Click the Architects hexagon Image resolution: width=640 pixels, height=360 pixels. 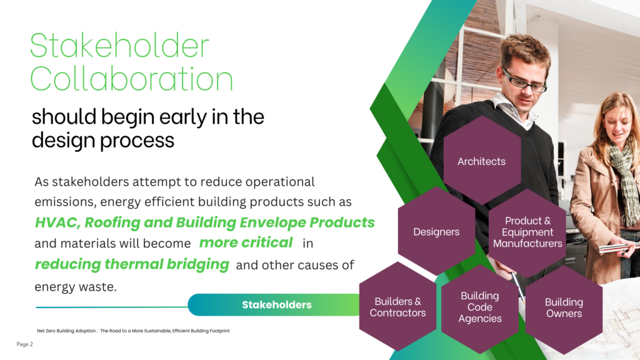click(x=482, y=160)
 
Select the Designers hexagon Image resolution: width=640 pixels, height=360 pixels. click(x=436, y=231)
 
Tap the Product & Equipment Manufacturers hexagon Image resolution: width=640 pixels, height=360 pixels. click(x=527, y=232)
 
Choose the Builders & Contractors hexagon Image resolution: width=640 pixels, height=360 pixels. click(x=397, y=306)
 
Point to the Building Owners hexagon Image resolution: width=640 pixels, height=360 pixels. click(x=564, y=309)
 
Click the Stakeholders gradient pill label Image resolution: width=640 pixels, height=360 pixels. click(x=276, y=304)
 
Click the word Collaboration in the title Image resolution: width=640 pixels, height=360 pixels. click(x=131, y=78)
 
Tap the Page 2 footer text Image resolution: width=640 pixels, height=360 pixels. click(x=24, y=344)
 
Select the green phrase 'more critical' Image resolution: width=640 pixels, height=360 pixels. click(x=246, y=243)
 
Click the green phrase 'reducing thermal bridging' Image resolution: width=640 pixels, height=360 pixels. click(x=132, y=264)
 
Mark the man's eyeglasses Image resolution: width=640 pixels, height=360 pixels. click(x=524, y=81)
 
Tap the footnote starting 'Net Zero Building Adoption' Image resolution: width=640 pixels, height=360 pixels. click(x=133, y=331)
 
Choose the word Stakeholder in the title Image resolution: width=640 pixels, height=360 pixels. click(x=119, y=45)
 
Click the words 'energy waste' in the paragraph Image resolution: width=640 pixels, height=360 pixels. click(x=76, y=286)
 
